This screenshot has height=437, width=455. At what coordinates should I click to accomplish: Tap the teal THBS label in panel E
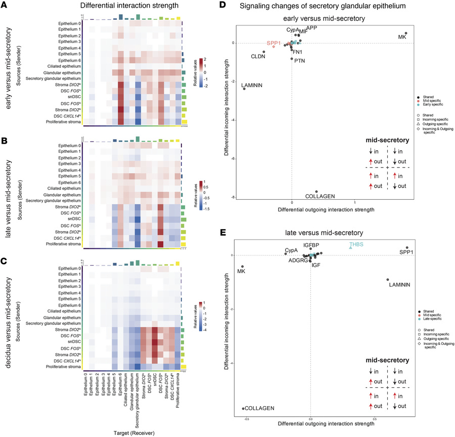tap(356, 244)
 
